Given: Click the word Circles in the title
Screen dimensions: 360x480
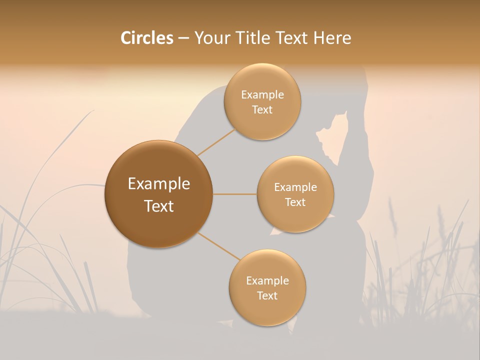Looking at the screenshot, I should [146, 38].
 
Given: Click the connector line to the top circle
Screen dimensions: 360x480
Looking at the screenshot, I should [216, 141].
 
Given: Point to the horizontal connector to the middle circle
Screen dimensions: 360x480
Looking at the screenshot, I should [234, 194].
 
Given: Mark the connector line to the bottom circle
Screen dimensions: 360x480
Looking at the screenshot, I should [218, 247].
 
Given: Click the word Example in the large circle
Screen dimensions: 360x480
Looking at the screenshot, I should [158, 184].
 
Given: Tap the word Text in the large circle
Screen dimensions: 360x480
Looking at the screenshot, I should [158, 206].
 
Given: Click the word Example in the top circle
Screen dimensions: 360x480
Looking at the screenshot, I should [262, 95].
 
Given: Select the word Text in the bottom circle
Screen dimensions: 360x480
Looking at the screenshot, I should [267, 295].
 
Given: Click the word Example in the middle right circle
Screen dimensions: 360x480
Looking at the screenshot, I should [295, 187].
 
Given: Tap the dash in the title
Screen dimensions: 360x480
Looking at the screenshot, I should [183, 38].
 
